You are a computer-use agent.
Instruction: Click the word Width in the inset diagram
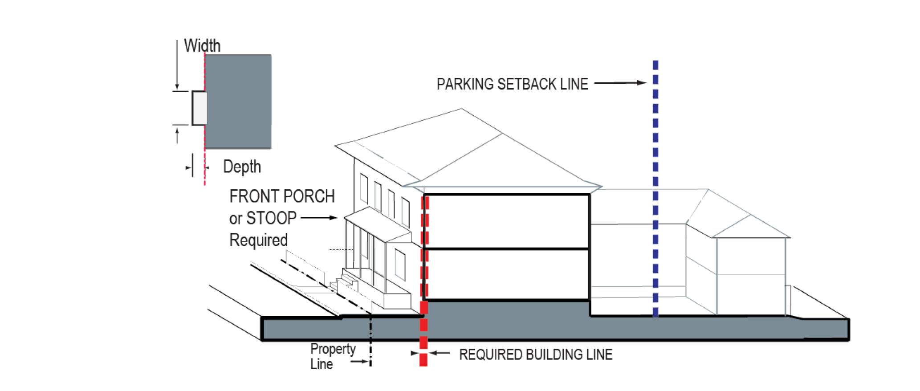tap(202, 45)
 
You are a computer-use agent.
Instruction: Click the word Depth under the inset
tap(242, 167)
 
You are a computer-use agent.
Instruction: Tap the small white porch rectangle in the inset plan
tap(199, 108)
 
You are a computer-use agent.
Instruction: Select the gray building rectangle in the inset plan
tap(239, 102)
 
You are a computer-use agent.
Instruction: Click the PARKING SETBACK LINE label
tap(512, 84)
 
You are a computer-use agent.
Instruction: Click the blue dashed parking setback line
tap(655, 187)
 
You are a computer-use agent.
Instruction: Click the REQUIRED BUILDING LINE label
tap(536, 354)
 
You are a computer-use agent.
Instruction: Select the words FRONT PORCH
tap(282, 196)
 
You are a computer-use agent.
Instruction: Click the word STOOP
tap(271, 218)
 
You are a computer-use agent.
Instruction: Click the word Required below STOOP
tap(258, 240)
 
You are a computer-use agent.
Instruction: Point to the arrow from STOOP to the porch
tap(319, 218)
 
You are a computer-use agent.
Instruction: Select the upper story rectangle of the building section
tap(506, 221)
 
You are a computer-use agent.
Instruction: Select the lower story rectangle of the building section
tap(506, 274)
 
